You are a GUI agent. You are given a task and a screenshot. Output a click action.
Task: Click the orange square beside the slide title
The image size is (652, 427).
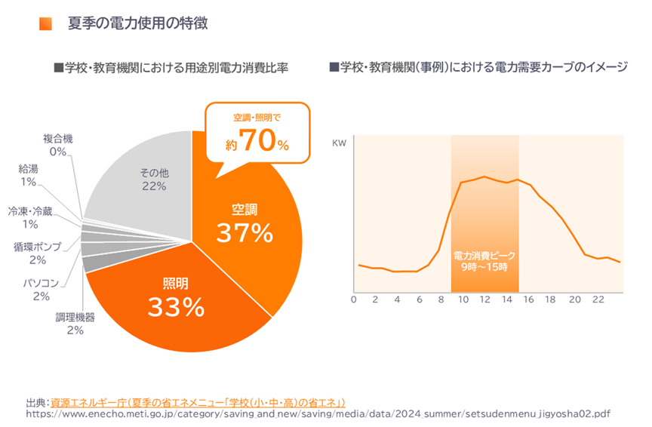(x=45, y=24)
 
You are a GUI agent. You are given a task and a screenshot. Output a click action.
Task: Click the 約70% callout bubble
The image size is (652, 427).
(x=257, y=133)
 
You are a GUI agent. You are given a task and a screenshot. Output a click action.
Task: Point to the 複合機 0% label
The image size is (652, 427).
(x=58, y=145)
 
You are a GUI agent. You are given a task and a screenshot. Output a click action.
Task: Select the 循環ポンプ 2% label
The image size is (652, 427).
(x=38, y=253)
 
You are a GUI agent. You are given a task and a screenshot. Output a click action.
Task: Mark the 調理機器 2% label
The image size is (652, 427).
(x=74, y=324)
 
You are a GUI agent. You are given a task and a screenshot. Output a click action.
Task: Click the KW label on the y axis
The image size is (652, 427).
(x=339, y=142)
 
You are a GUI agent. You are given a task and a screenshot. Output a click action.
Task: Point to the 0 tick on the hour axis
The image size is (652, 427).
(x=353, y=300)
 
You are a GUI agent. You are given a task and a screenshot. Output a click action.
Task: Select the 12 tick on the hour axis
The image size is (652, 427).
(x=484, y=300)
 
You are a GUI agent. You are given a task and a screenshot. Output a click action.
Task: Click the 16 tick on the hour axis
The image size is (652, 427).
(x=528, y=300)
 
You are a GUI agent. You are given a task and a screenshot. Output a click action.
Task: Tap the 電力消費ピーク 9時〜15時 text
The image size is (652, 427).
(x=484, y=261)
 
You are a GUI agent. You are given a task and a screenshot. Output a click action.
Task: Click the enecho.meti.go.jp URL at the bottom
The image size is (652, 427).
(x=318, y=413)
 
